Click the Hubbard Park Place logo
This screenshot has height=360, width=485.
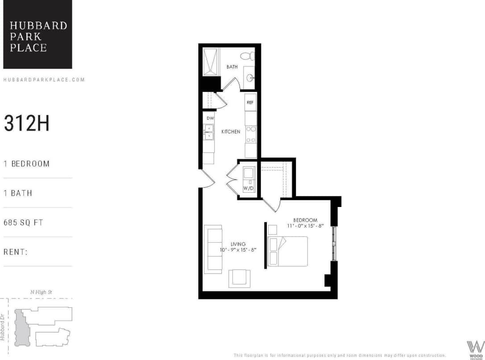[x=37, y=34]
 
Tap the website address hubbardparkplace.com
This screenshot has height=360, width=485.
[x=44, y=80]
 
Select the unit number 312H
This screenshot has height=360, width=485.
[x=27, y=124]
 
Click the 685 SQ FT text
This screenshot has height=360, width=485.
[x=23, y=222]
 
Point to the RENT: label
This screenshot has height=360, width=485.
[x=16, y=252]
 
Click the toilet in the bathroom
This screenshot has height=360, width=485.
[x=246, y=57]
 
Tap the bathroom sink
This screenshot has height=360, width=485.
[x=250, y=79]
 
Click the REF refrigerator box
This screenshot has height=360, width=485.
[x=250, y=102]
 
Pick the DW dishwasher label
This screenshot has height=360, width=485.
[x=209, y=118]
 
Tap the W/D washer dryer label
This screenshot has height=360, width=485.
[x=248, y=188]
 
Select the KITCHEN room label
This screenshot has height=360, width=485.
[x=231, y=132]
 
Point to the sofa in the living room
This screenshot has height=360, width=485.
[x=213, y=249]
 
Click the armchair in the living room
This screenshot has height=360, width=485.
[x=240, y=278]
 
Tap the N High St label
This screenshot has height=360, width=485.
[x=44, y=292]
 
